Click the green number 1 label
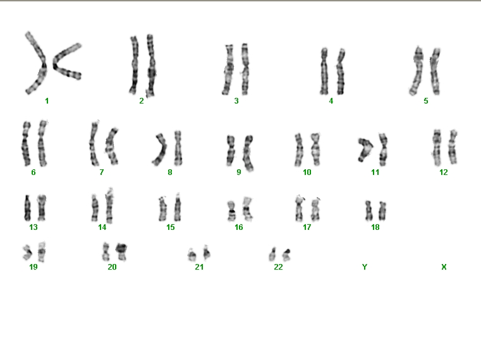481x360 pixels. [x=47, y=101]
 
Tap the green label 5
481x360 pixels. [x=426, y=101]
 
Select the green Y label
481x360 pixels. [x=365, y=267]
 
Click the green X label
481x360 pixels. [x=444, y=267]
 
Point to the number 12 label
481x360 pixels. [x=444, y=172]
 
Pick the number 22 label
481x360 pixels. [x=278, y=267]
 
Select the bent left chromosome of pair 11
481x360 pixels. [x=365, y=149]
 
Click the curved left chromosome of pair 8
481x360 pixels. [x=162, y=149]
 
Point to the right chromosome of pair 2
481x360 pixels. [x=150, y=65]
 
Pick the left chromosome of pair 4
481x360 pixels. [x=324, y=71]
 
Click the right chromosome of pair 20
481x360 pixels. [x=121, y=252]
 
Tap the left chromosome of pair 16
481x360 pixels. [x=231, y=211]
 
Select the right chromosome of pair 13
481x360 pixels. [x=42, y=207]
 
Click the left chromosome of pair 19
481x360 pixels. [x=27, y=253]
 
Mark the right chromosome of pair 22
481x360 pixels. [x=286, y=255]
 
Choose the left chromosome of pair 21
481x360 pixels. [x=192, y=255]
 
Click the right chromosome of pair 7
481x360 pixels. [x=112, y=147]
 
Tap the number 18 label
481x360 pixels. [x=375, y=227]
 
